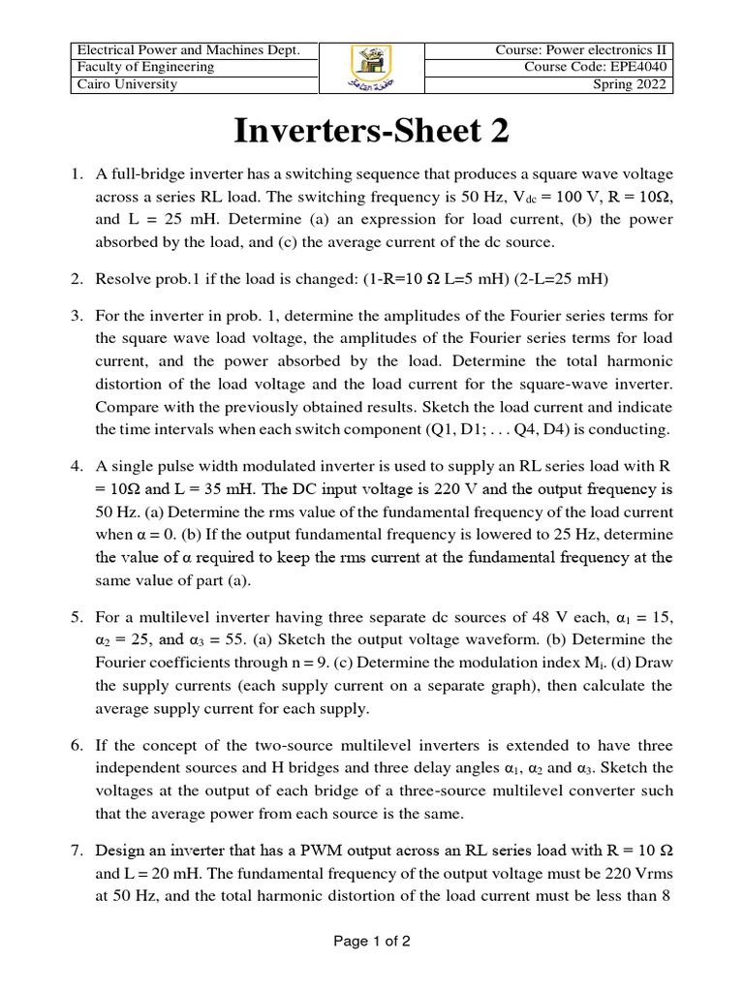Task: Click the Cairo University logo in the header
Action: pos(371,68)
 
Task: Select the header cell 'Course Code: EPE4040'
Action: pos(597,68)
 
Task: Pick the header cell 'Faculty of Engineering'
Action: pos(145,68)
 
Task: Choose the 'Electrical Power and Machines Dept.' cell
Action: pos(188,50)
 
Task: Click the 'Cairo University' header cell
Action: pos(126,85)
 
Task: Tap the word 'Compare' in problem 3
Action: pos(126,405)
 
